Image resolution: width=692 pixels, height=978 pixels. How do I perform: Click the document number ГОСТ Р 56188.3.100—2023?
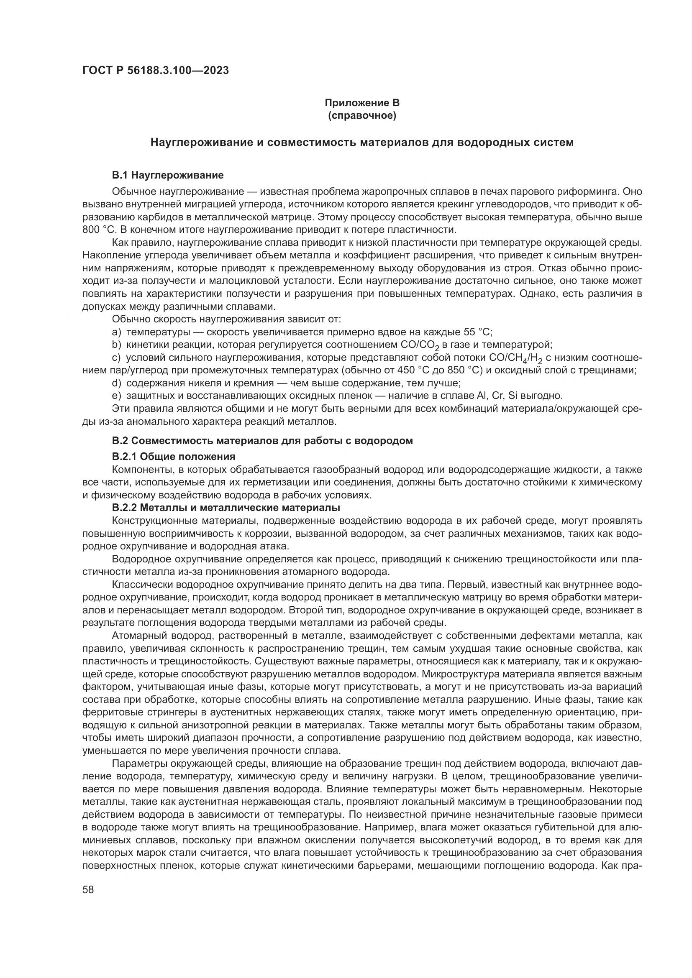[156, 70]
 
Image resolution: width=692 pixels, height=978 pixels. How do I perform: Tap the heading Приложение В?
[362, 103]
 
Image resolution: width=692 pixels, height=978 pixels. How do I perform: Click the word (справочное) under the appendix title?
[362, 115]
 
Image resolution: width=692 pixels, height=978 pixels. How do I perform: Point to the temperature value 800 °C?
[97, 230]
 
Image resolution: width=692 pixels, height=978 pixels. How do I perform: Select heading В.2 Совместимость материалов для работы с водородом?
[262, 441]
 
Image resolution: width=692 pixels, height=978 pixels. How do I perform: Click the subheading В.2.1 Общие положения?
[174, 457]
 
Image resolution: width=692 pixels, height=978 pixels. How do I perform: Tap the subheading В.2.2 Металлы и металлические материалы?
[226, 508]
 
